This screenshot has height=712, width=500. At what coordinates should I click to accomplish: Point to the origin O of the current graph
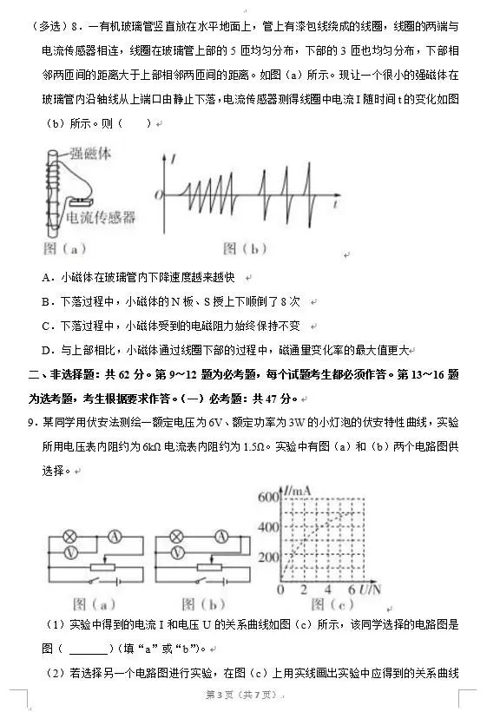pyautogui.click(x=158, y=194)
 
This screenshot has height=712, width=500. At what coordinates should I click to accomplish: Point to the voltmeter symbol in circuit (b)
pyautogui.click(x=178, y=551)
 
